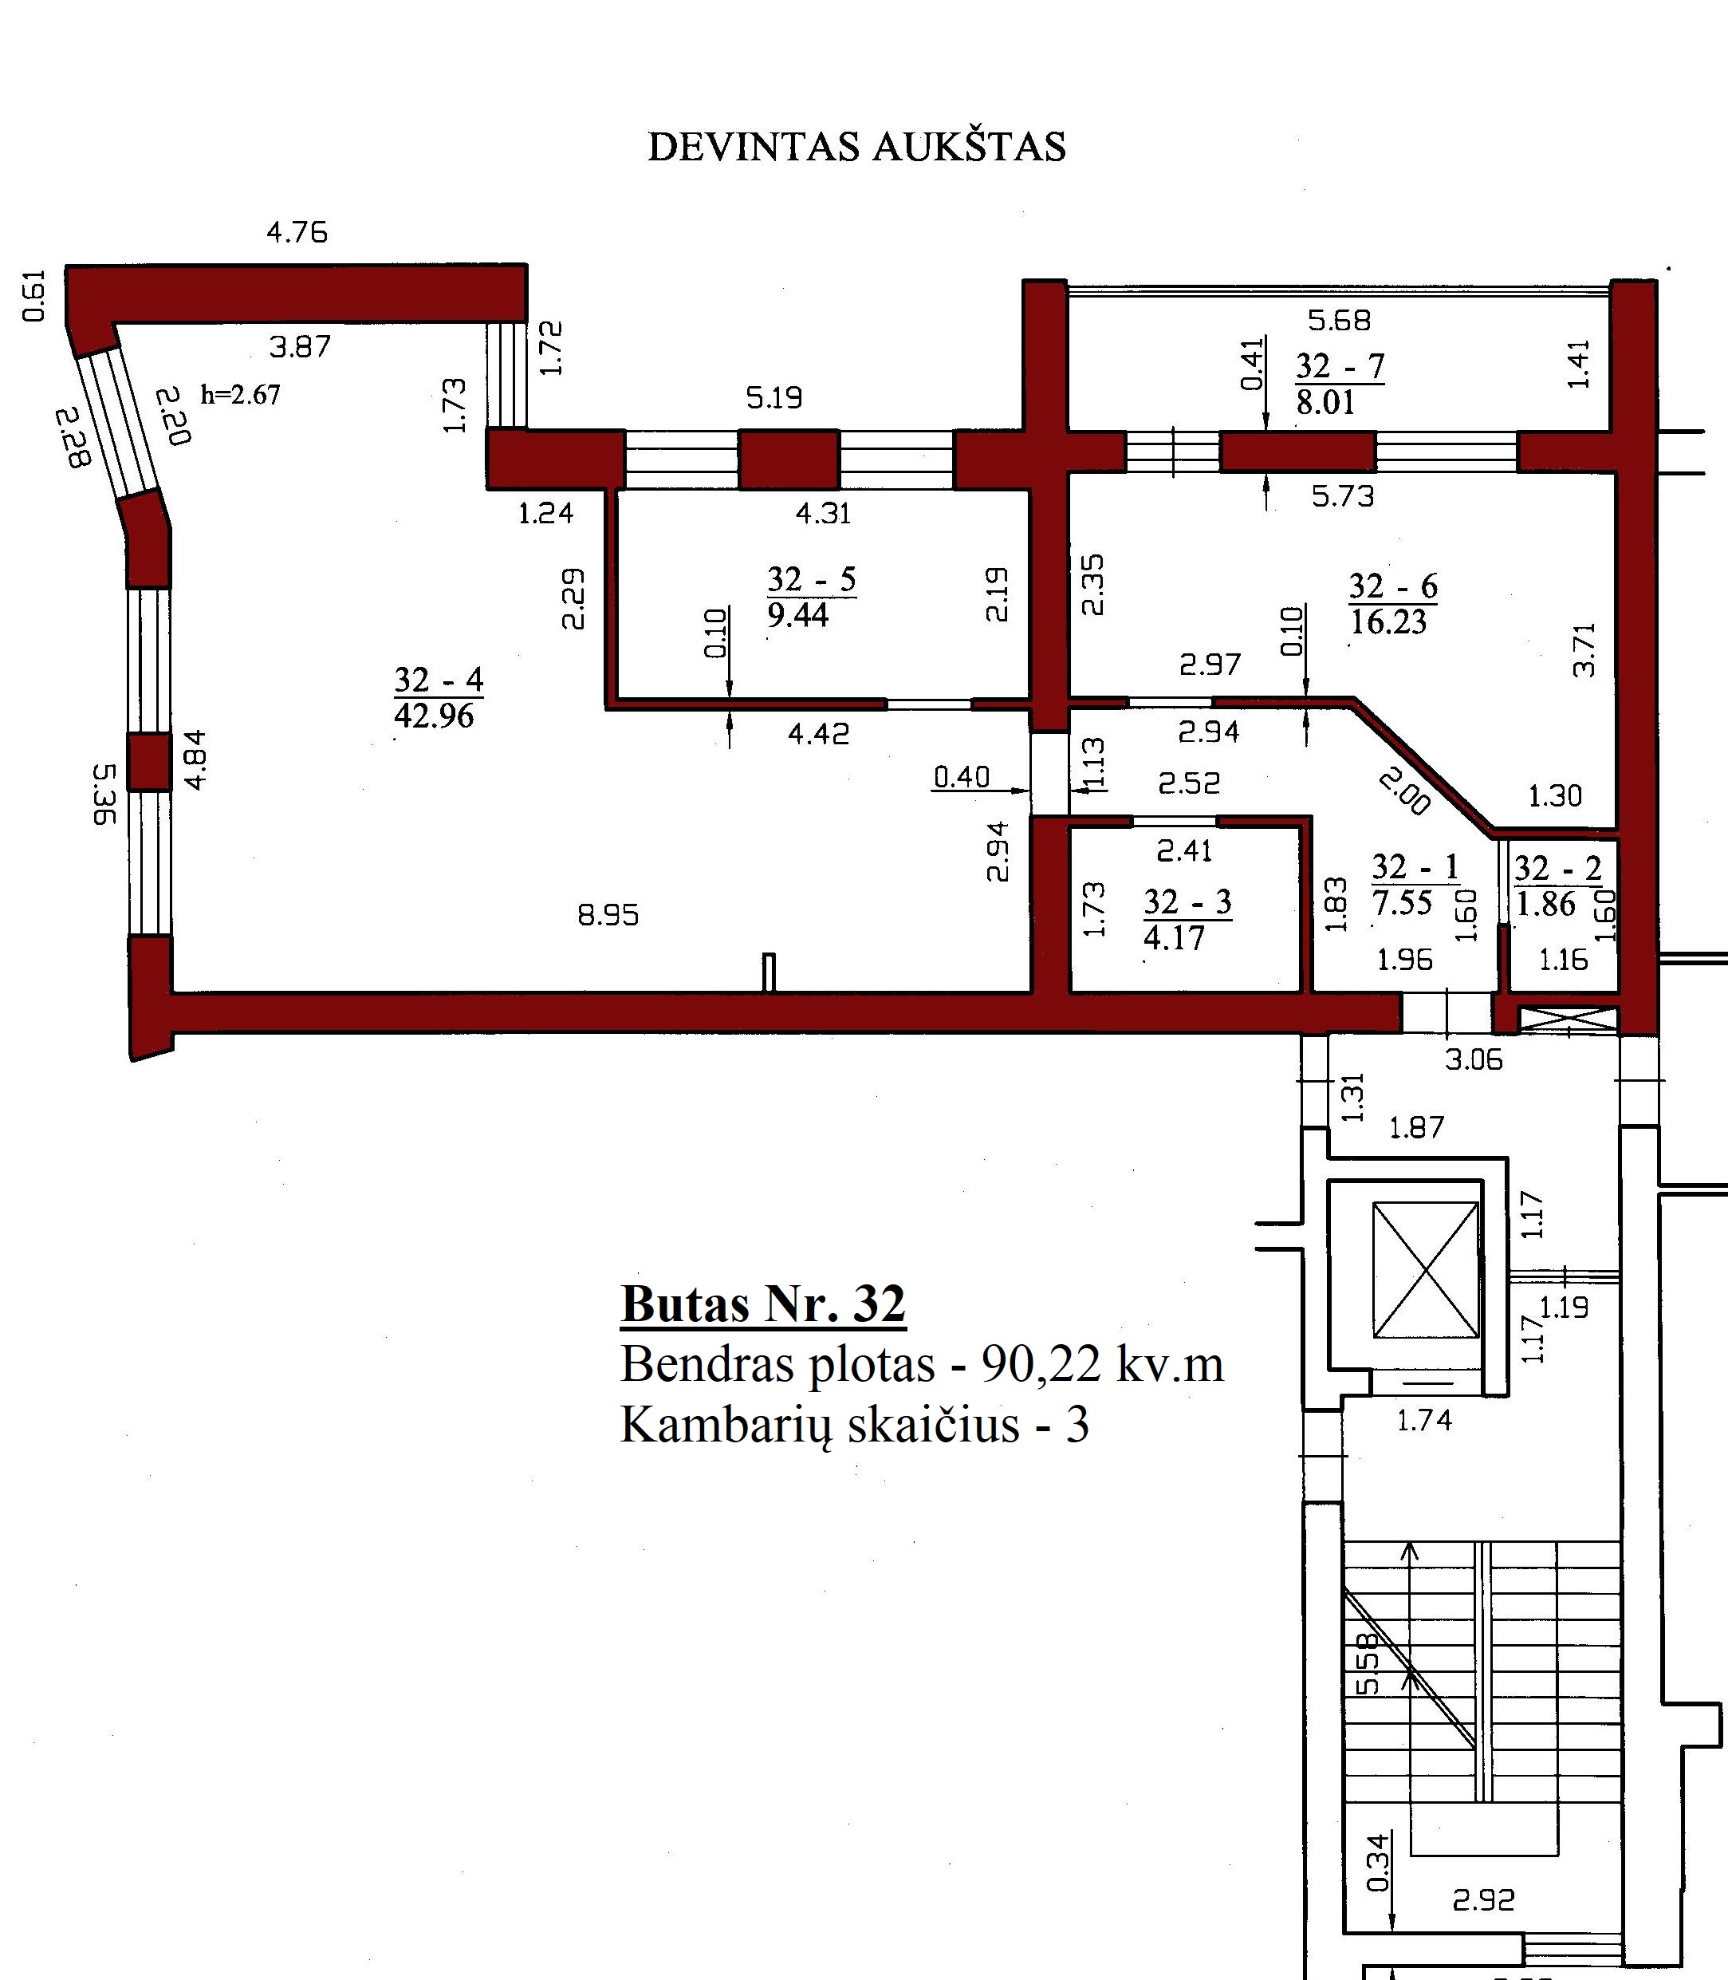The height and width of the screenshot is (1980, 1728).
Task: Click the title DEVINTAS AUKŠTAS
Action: pos(856,147)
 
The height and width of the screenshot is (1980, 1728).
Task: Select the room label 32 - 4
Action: pos(438,680)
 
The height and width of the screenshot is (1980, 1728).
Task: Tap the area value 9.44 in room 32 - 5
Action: pos(797,615)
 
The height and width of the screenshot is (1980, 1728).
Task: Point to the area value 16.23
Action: pos(1388,622)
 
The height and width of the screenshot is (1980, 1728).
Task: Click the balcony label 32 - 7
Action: pos(1340,366)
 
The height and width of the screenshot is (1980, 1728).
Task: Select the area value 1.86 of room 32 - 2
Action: pos(1545,904)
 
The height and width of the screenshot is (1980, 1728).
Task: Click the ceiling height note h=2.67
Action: pos(240,393)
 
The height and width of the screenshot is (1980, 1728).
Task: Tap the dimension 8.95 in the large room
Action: pos(608,914)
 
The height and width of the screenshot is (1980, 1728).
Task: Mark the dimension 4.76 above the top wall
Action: pos(297,232)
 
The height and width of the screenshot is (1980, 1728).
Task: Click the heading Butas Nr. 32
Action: pos(763,1305)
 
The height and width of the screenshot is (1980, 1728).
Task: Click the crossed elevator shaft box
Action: pos(1425,1269)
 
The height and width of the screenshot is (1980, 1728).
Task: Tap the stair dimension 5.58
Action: pos(1368,1663)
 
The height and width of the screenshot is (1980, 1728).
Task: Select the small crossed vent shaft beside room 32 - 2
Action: pos(1567,1020)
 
